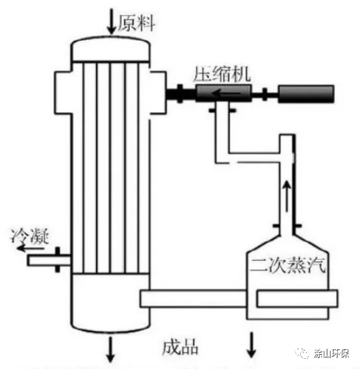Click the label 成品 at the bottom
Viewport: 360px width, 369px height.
click(x=180, y=347)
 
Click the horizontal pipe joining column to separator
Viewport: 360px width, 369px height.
click(x=197, y=298)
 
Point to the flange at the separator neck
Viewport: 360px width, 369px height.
click(x=288, y=225)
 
